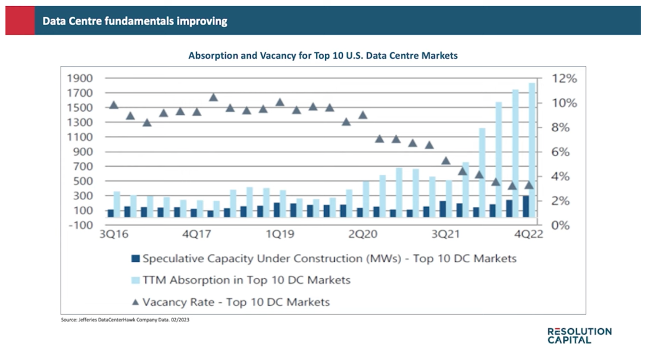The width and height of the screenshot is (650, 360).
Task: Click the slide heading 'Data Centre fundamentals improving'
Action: click(x=135, y=21)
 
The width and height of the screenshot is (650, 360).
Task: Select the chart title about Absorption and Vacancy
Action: click(x=323, y=55)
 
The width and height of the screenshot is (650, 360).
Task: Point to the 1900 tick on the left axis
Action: click(x=80, y=79)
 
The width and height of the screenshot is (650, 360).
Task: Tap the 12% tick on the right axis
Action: click(x=563, y=79)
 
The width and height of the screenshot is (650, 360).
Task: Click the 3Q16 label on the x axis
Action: click(x=114, y=234)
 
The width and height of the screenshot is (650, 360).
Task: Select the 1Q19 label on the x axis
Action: click(x=281, y=234)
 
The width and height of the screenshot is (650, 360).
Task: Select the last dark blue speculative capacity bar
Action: click(x=526, y=207)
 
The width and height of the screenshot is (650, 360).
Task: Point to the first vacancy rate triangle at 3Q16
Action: click(x=113, y=105)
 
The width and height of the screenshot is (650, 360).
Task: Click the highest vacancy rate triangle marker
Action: click(x=213, y=97)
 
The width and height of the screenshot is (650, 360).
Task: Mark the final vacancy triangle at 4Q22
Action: click(x=528, y=185)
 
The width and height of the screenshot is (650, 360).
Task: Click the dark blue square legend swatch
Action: click(x=135, y=259)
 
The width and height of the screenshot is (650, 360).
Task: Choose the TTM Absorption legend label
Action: click(x=246, y=280)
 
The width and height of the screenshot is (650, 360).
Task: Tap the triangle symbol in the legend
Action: click(x=135, y=302)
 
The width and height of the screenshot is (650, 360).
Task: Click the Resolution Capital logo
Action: click(x=579, y=335)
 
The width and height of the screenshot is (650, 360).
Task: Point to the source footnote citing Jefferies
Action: click(x=125, y=320)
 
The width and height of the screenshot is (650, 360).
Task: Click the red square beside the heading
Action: click(x=20, y=21)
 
